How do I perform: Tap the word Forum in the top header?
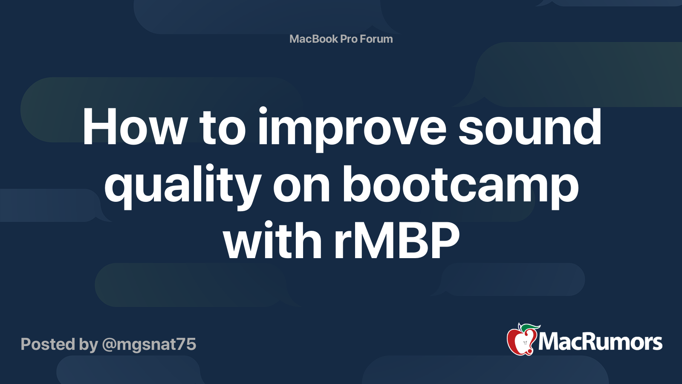[376, 39]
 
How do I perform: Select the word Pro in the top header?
[349, 39]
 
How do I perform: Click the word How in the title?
[135, 127]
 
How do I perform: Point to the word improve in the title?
[352, 128]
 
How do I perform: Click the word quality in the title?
[182, 186]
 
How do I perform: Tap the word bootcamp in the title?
[460, 186]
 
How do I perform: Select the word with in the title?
[272, 241]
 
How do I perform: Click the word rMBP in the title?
[397, 241]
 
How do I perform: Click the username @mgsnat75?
[149, 344]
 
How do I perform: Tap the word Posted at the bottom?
[47, 344]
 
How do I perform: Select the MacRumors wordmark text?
[600, 342]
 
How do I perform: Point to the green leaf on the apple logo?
[529, 328]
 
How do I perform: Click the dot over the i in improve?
[263, 111]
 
